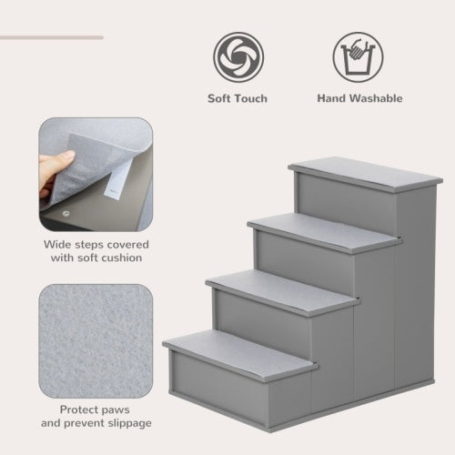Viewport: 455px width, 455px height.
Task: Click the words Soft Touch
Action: [237, 98]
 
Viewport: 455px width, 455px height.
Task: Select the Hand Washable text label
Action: [359, 98]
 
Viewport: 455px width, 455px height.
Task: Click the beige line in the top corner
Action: [51, 37]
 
